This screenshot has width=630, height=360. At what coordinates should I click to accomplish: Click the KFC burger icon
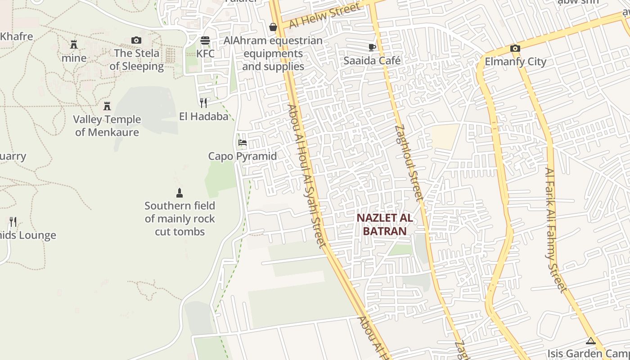tap(205, 40)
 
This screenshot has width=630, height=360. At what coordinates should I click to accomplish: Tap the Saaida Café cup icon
tap(372, 47)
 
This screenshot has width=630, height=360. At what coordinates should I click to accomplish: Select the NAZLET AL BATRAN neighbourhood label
tap(384, 225)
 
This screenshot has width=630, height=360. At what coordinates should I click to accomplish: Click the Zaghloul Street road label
tap(409, 162)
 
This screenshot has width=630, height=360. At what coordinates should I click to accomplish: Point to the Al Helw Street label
tap(324, 15)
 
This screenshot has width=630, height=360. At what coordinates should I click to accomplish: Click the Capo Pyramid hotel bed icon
tap(242, 143)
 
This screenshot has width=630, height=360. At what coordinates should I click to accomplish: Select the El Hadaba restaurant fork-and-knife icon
tap(203, 103)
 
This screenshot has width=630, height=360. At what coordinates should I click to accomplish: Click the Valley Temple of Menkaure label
tap(108, 126)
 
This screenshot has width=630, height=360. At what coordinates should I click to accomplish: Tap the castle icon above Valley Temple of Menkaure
tap(107, 106)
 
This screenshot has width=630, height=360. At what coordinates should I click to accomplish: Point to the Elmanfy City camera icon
tap(515, 48)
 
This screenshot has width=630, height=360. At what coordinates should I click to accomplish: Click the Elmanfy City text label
tap(515, 62)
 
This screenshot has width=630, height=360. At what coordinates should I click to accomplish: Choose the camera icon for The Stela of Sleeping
tap(136, 40)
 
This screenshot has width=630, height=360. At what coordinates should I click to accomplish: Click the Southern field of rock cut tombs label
tap(180, 219)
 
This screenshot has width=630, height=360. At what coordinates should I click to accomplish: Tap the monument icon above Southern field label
tap(180, 193)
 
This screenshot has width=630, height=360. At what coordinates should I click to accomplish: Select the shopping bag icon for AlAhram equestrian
tap(273, 27)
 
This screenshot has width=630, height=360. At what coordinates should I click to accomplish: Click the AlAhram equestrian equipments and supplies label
tap(273, 54)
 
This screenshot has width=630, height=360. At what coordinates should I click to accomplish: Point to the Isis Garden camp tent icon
tap(591, 341)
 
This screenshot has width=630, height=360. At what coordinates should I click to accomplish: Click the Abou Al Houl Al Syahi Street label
tap(306, 175)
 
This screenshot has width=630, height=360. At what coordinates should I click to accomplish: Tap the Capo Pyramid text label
tap(242, 156)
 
